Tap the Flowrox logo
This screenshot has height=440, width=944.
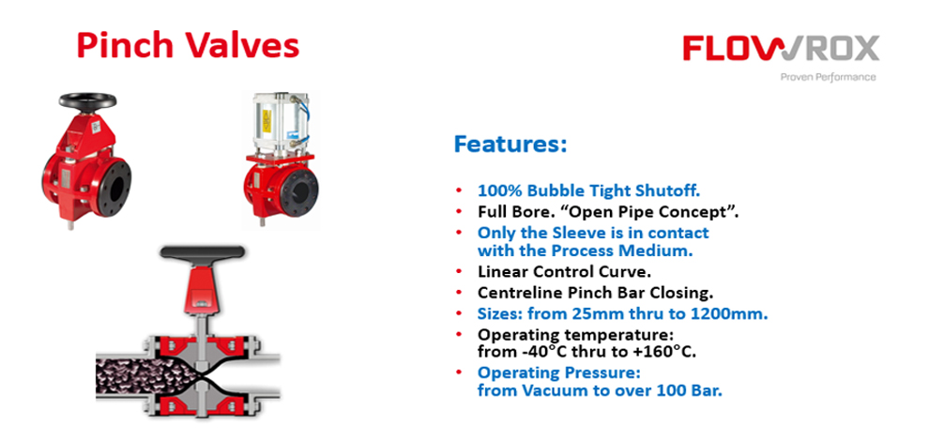coord(781,48)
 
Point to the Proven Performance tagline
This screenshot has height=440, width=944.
coord(828,77)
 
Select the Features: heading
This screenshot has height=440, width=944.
coord(510,144)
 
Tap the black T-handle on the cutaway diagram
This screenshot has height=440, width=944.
coord(203,252)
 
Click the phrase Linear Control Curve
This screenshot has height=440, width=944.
coord(564,271)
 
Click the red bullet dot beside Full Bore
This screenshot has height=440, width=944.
coord(459,212)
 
